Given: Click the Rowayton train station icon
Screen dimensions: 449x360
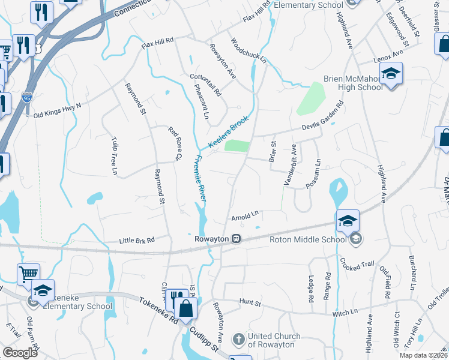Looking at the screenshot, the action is pyautogui.click(x=237, y=239).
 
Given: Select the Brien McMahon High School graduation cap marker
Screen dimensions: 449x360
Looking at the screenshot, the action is pyautogui.click(x=391, y=74).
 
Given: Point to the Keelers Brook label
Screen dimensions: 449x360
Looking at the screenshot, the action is pyautogui.click(x=228, y=133).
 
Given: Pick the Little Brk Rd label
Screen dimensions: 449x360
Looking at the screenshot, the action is pyautogui.click(x=136, y=240).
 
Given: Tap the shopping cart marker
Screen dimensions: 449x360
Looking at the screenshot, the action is pyautogui.click(x=28, y=274).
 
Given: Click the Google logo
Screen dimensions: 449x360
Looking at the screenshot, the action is pyautogui.click(x=20, y=353).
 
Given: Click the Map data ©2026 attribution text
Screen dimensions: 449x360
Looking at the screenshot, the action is pyautogui.click(x=423, y=355).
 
